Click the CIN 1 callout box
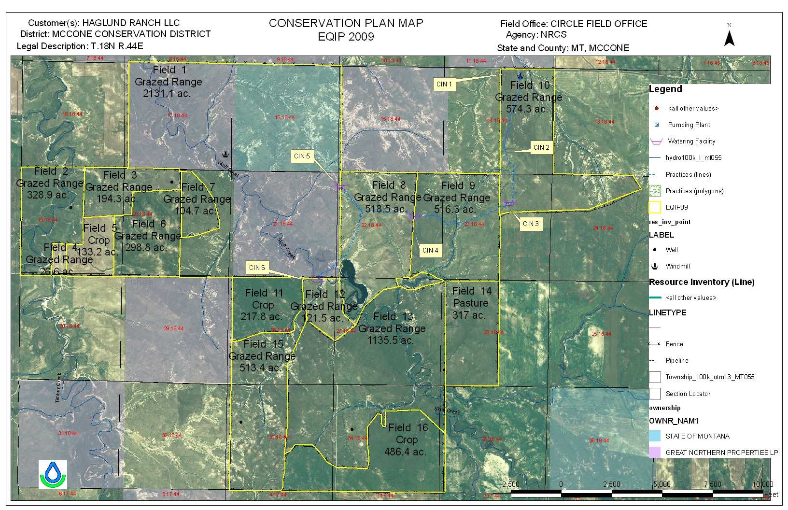point(444,84)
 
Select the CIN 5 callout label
point(302,156)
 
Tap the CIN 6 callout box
point(257,268)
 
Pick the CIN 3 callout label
point(531,224)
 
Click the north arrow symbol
point(730,36)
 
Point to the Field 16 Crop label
point(407,439)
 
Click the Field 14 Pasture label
point(471,303)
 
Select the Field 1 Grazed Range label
point(168,82)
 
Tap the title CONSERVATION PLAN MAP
point(346,23)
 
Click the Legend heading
point(665,89)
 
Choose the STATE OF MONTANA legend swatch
point(655,436)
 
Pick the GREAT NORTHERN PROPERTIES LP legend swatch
point(655,452)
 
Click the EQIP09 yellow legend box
point(655,207)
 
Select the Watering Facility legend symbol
point(656,142)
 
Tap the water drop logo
point(53,474)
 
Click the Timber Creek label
point(58,387)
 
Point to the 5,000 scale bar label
point(661,484)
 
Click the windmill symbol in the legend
point(655,266)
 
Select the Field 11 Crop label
point(263,305)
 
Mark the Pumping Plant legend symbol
point(656,125)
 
